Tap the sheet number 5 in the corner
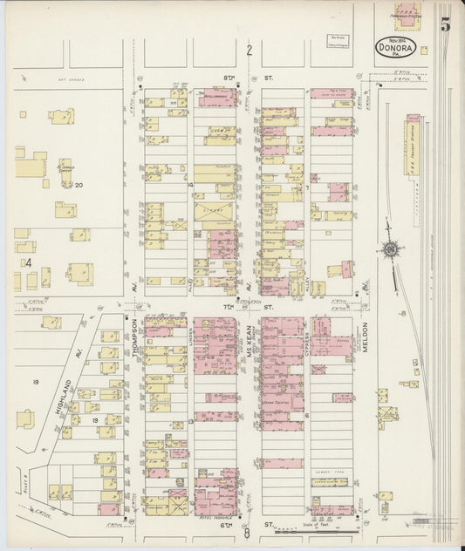[x=445, y=24]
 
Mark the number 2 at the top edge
[x=249, y=50]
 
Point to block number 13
[x=189, y=421]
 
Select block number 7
[x=307, y=187]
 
